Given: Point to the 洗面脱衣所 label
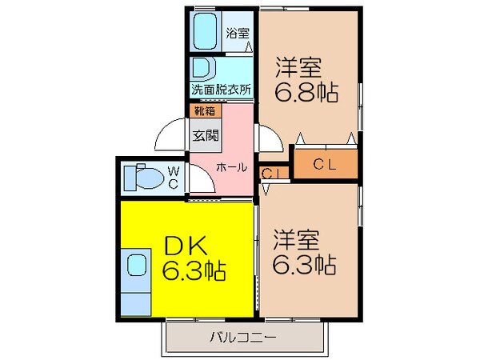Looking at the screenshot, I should (221, 89).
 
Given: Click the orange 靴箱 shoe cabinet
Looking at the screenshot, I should (203, 111).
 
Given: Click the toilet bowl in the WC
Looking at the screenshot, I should (142, 176).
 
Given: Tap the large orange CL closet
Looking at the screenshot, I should (323, 166).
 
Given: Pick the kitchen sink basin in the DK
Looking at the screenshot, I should (136, 265).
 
